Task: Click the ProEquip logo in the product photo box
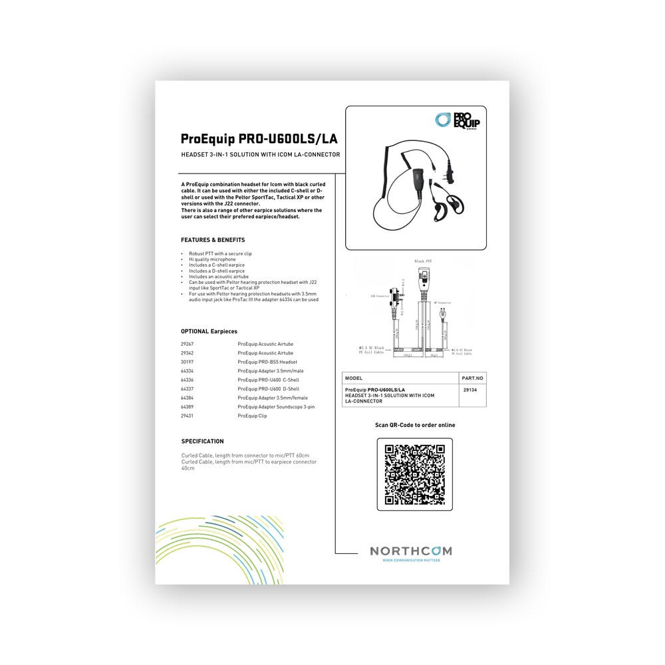click(x=458, y=120)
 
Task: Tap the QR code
click(x=414, y=474)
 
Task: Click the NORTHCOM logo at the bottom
click(x=410, y=552)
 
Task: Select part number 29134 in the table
click(x=469, y=390)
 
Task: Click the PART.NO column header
click(x=472, y=378)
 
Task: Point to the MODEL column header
click(x=354, y=378)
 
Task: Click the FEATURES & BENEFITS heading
click(x=213, y=239)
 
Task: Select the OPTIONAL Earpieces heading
click(x=209, y=331)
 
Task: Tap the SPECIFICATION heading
click(x=202, y=441)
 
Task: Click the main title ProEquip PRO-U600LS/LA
click(x=259, y=139)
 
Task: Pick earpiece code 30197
click(x=188, y=362)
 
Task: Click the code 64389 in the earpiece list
click(x=188, y=406)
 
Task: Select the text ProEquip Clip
click(x=252, y=416)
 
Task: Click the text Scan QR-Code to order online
click(x=415, y=425)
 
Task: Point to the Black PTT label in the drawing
click(x=424, y=262)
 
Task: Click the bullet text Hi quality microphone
click(x=212, y=259)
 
